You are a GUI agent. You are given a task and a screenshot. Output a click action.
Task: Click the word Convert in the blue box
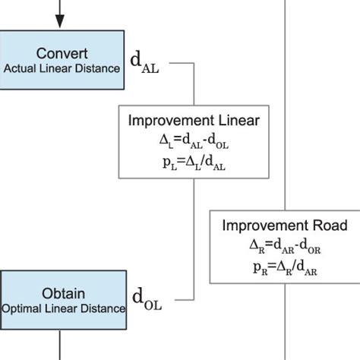62,55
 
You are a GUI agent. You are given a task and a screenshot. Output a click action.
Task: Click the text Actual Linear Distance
62,69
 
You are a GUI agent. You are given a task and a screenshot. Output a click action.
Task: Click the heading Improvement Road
284,226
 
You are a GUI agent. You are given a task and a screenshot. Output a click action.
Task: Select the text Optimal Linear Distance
63,308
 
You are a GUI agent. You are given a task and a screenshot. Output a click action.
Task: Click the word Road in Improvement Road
330,226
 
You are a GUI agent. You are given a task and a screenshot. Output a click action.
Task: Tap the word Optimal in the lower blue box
22,308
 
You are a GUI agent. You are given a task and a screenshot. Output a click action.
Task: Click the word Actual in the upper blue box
19,69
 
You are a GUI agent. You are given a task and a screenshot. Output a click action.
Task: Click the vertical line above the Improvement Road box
284,114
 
